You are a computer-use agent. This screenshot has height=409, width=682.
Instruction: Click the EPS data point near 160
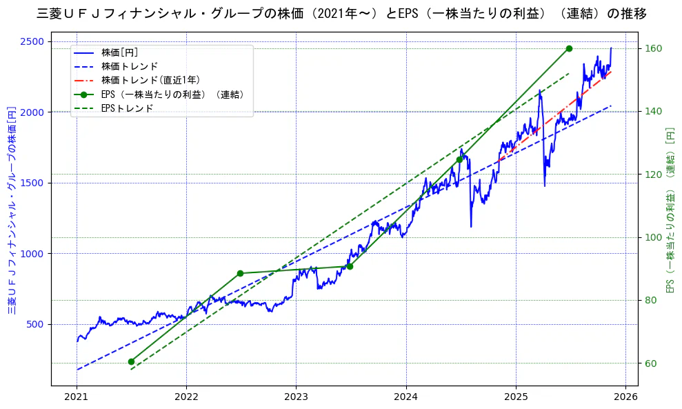tap(569, 48)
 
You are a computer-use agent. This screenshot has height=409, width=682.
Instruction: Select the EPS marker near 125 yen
tap(459, 159)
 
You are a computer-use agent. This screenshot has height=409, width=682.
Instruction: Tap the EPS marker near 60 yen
tap(131, 361)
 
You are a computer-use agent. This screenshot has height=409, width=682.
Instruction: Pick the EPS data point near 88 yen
tap(240, 273)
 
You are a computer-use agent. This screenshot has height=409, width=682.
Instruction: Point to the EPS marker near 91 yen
tap(350, 266)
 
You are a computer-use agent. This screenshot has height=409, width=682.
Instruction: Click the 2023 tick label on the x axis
tap(296, 397)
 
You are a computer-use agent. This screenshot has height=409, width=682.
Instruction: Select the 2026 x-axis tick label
tap(625, 397)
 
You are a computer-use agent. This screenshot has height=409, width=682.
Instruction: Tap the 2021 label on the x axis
tap(77, 397)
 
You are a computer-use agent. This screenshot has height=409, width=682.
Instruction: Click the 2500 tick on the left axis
tap(34, 41)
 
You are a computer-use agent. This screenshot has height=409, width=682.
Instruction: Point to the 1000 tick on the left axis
tap(34, 254)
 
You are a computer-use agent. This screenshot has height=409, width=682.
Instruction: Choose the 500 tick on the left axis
tap(37, 325)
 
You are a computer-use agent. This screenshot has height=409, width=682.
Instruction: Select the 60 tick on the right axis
tap(652, 363)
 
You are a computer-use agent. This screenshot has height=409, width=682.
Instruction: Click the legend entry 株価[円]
tap(120, 52)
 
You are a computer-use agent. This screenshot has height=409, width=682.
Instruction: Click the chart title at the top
tap(341, 14)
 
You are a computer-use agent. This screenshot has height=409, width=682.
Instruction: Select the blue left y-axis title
tap(11, 210)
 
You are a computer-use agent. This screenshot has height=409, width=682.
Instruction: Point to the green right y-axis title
tap(670, 210)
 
